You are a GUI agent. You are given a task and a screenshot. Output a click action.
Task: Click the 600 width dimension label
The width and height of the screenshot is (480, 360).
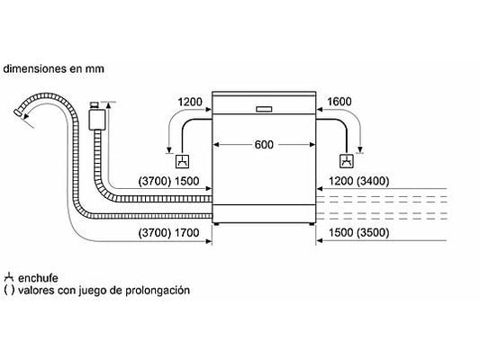point(264,144)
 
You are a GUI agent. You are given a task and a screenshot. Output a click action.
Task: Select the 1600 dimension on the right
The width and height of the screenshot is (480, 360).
point(340,102)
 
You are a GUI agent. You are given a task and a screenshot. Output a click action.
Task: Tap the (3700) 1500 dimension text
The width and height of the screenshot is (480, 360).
point(168,181)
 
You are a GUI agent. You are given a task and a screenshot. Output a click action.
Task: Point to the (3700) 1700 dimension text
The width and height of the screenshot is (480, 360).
point(168,233)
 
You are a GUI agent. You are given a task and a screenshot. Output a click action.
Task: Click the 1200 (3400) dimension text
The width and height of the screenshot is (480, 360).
point(358,181)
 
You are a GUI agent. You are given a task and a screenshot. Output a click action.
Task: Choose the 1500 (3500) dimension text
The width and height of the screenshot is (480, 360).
point(358,233)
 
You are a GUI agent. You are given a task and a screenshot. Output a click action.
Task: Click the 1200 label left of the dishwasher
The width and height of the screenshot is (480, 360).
point(190,102)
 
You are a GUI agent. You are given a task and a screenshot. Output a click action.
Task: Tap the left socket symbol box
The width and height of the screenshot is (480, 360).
point(182,161)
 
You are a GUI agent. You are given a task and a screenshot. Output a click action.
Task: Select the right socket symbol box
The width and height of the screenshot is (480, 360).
point(347,161)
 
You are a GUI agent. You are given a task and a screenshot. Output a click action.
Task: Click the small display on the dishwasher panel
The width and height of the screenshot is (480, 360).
point(264,109)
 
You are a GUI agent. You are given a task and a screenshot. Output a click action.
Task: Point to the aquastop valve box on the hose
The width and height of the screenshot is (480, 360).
point(97,120)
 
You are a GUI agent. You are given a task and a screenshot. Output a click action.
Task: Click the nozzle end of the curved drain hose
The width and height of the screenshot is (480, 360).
point(18,112)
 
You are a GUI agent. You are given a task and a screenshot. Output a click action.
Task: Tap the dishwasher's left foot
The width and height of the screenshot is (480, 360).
point(217,224)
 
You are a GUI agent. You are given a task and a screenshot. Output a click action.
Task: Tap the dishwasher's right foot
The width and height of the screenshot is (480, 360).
point(312,224)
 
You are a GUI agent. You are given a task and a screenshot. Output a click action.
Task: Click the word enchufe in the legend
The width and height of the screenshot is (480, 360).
point(38,278)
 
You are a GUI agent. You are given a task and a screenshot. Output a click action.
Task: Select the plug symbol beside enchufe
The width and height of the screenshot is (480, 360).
point(9,277)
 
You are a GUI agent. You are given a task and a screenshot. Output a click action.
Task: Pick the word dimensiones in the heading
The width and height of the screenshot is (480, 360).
point(34,68)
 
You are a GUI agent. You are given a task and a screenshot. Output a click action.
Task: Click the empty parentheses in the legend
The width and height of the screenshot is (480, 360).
point(9,290)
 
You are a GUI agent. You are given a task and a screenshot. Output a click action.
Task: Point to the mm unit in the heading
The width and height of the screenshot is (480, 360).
point(95,68)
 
